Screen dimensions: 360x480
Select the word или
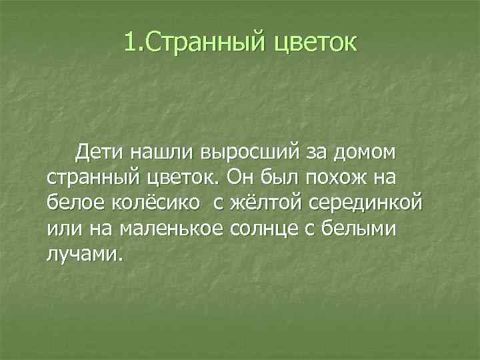62,228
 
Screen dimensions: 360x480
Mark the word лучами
85,253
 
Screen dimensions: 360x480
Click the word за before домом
316,153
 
